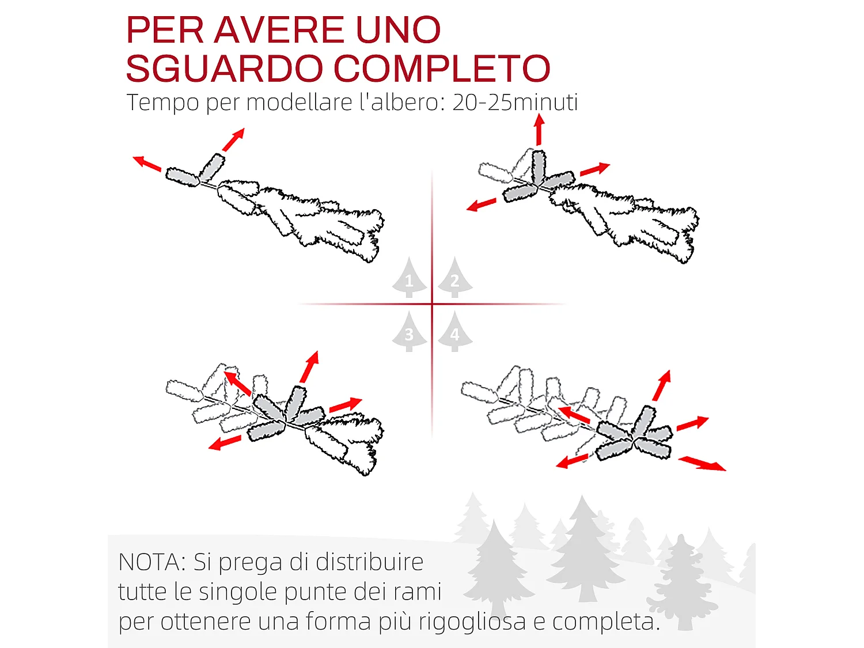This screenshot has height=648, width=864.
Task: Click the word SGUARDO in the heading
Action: pos(224,69)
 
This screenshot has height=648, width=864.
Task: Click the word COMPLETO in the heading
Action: pos(442,69)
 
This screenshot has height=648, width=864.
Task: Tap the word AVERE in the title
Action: pos(279,30)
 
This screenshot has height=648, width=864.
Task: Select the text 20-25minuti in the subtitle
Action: pos(515,103)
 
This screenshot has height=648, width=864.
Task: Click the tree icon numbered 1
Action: pos(410,278)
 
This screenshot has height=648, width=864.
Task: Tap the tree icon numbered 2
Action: pos(454,278)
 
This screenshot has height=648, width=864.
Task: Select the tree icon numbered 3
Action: pos(410,332)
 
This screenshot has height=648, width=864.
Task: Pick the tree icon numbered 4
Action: pos(454,332)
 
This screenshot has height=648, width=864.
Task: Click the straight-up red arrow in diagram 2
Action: pos(539,130)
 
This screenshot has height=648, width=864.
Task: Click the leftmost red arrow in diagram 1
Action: pos(147,164)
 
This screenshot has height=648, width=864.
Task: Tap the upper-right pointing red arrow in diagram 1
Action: pos(234,139)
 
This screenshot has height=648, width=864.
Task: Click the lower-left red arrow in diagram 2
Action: pos(482,204)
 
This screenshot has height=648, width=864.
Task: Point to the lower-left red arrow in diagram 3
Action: pos(225,442)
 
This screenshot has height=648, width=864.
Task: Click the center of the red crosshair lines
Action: pos(432,304)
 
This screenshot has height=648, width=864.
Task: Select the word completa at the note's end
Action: pos(605,622)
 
